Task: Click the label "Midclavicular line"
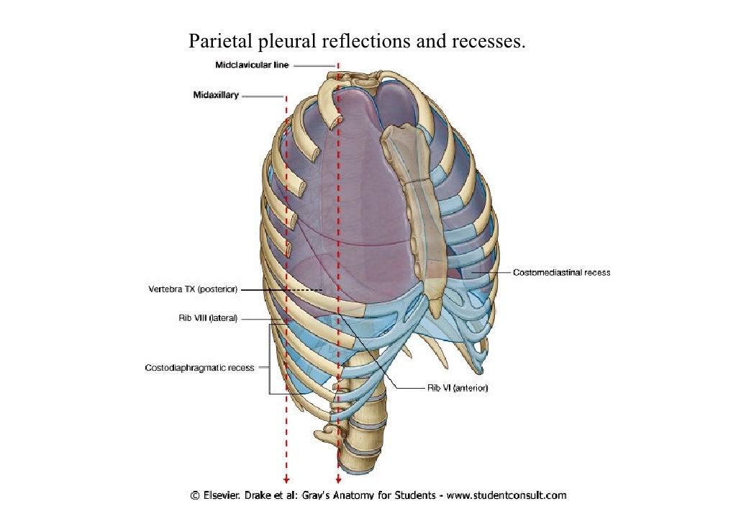tap(252, 65)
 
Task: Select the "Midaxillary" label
tap(216, 95)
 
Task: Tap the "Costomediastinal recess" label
tap(562, 273)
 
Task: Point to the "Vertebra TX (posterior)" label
tap(192, 289)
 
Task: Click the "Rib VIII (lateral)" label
tap(208, 317)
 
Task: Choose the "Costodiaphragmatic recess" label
tap(200, 368)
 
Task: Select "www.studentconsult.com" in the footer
tap(506, 495)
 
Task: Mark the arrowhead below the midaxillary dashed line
tap(286, 480)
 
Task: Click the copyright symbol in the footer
tap(195, 495)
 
